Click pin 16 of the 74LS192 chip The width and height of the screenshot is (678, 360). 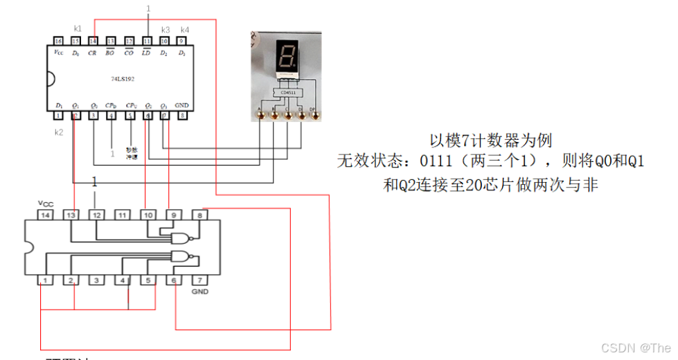[58, 41]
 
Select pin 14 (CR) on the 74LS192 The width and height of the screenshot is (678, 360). [93, 41]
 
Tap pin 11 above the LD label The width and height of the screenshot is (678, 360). [147, 41]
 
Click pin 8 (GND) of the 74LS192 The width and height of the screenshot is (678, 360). [182, 116]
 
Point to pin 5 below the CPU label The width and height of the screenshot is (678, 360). [130, 116]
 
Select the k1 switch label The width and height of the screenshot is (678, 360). [78, 29]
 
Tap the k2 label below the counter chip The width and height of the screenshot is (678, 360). [59, 131]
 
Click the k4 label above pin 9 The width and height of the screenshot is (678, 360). [184, 30]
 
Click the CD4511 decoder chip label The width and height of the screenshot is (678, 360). [287, 92]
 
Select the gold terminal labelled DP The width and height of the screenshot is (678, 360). [316, 116]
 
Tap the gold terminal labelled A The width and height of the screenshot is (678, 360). [261, 116]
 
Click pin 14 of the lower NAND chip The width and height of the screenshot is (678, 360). [45, 216]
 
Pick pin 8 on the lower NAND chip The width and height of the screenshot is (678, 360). [199, 216]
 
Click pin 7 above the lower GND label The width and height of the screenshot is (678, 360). [199, 280]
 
